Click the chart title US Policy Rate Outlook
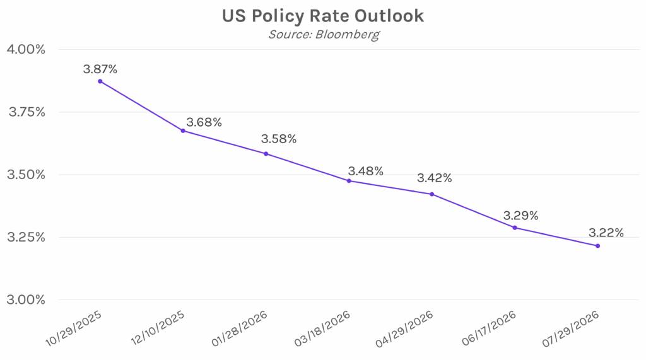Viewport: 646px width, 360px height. click(324, 16)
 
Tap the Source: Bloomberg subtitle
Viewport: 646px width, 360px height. click(324, 34)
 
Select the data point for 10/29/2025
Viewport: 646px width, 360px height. click(100, 81)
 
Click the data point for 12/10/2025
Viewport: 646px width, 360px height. click(183, 131)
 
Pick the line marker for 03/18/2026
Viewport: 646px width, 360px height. click(349, 181)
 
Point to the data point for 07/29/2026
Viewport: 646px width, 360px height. click(597, 246)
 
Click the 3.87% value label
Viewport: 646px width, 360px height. click(100, 69)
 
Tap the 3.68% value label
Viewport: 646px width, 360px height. click(204, 122)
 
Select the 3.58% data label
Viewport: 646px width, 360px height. click(278, 139)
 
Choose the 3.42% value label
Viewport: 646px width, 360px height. click(434, 178)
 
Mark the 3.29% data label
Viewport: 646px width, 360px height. click(520, 216)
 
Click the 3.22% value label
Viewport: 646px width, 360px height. click(606, 233)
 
